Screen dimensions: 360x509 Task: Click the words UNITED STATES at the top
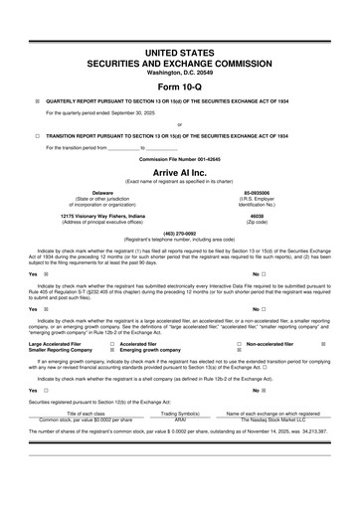pos(179,50)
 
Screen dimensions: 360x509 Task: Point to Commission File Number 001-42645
pos(179,158)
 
